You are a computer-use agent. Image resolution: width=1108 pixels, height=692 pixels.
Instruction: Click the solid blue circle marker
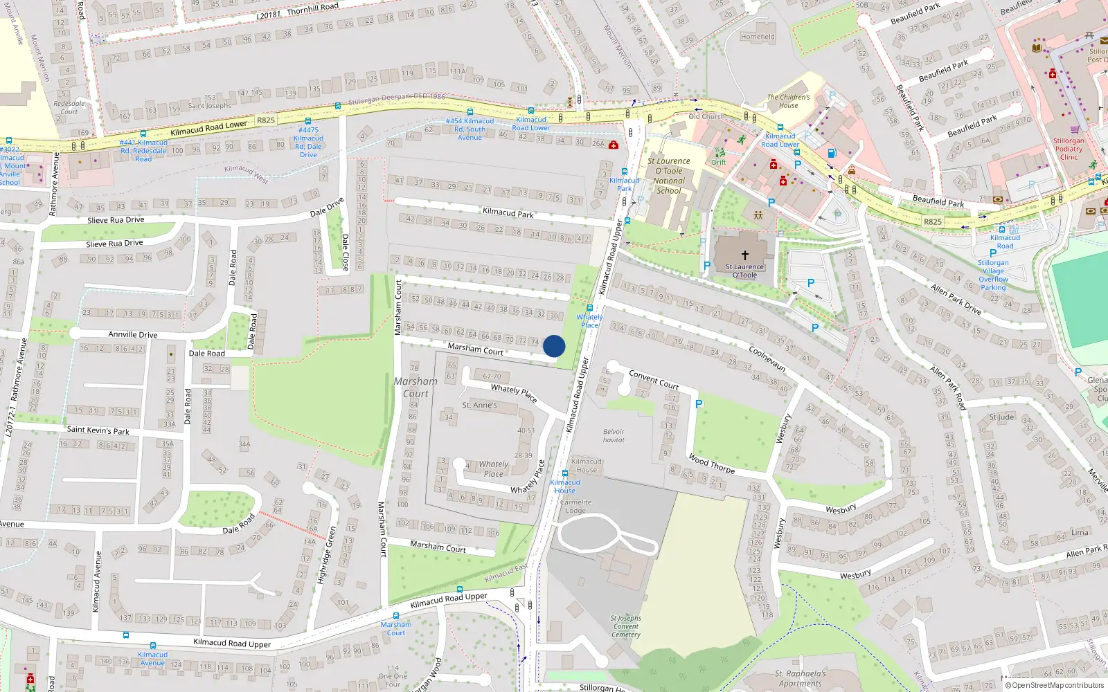click(554, 346)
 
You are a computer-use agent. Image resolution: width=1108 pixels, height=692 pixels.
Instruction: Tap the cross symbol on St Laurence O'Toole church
click(745, 255)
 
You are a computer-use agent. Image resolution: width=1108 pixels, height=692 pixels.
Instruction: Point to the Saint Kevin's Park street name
click(98, 430)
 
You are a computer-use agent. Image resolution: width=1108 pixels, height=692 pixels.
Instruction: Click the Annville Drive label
click(132, 334)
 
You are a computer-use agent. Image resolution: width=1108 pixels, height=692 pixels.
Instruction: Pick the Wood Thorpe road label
click(711, 464)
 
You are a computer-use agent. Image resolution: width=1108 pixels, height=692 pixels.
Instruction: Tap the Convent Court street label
click(653, 379)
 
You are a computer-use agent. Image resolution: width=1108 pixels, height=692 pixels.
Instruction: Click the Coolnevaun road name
click(767, 358)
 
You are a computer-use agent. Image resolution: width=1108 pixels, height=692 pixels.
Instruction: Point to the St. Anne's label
click(479, 405)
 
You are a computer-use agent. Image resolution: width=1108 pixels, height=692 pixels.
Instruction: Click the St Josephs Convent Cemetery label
click(626, 626)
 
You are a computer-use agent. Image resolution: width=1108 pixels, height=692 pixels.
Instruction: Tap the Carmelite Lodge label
click(575, 507)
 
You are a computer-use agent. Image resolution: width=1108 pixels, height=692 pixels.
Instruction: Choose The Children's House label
click(788, 101)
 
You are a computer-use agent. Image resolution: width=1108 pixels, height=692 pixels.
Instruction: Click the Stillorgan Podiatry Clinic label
click(1069, 149)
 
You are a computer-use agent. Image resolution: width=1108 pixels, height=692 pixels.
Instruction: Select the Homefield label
click(758, 37)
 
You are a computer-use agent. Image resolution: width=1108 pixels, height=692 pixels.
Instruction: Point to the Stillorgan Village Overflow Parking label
click(993, 275)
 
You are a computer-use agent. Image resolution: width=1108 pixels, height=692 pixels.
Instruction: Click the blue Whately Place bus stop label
click(589, 321)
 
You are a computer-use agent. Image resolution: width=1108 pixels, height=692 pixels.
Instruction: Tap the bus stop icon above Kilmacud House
click(565, 473)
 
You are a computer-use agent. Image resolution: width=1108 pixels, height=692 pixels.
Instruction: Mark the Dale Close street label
click(345, 252)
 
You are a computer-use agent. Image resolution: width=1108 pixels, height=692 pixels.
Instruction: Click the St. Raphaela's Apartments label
click(801, 678)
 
